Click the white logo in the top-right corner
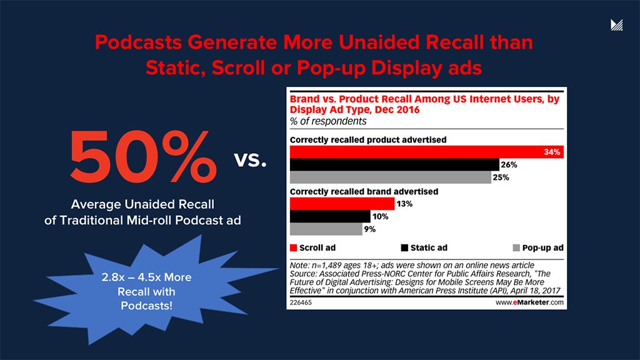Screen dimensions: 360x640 (x=617, y=25)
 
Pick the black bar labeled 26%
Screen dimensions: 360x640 (x=394, y=165)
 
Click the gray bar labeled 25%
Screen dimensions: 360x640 (x=391, y=177)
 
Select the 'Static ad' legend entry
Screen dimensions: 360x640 (x=423, y=247)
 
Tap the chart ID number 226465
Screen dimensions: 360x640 (x=301, y=302)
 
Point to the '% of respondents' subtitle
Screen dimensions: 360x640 (x=328, y=121)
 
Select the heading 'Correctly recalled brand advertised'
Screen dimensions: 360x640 (x=364, y=191)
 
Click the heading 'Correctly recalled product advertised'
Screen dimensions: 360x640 (x=369, y=139)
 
